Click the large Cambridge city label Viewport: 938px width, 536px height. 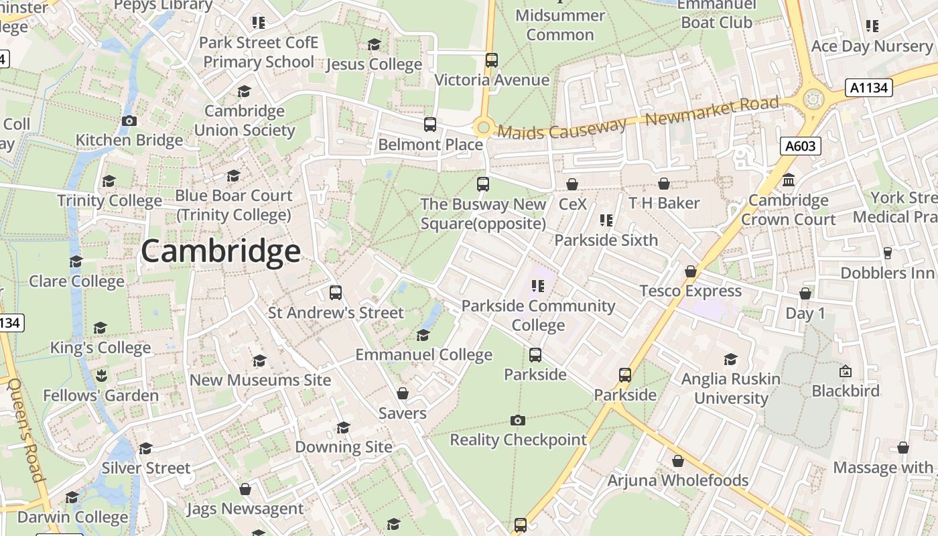click(x=220, y=252)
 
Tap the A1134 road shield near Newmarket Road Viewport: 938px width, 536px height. click(x=869, y=87)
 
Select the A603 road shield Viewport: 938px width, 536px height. click(x=800, y=145)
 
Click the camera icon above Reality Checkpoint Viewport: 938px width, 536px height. click(x=517, y=420)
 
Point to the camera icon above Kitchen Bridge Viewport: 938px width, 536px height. click(x=129, y=121)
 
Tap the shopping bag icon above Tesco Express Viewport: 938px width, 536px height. click(x=690, y=271)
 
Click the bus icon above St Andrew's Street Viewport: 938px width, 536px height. click(x=336, y=293)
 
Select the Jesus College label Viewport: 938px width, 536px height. click(x=374, y=64)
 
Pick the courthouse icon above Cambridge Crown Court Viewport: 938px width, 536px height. click(x=789, y=180)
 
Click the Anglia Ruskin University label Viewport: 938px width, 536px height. click(x=730, y=389)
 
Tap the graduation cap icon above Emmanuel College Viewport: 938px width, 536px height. click(x=423, y=335)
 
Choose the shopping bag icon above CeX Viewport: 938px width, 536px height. click(x=572, y=184)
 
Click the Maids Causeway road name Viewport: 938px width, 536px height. click(x=561, y=129)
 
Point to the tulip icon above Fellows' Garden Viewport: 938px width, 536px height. click(x=100, y=375)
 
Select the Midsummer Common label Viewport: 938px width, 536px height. click(x=560, y=25)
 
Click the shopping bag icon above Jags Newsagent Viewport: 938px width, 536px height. click(x=245, y=489)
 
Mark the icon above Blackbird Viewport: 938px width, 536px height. click(x=846, y=371)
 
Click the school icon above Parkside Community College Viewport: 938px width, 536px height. click(x=537, y=286)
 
